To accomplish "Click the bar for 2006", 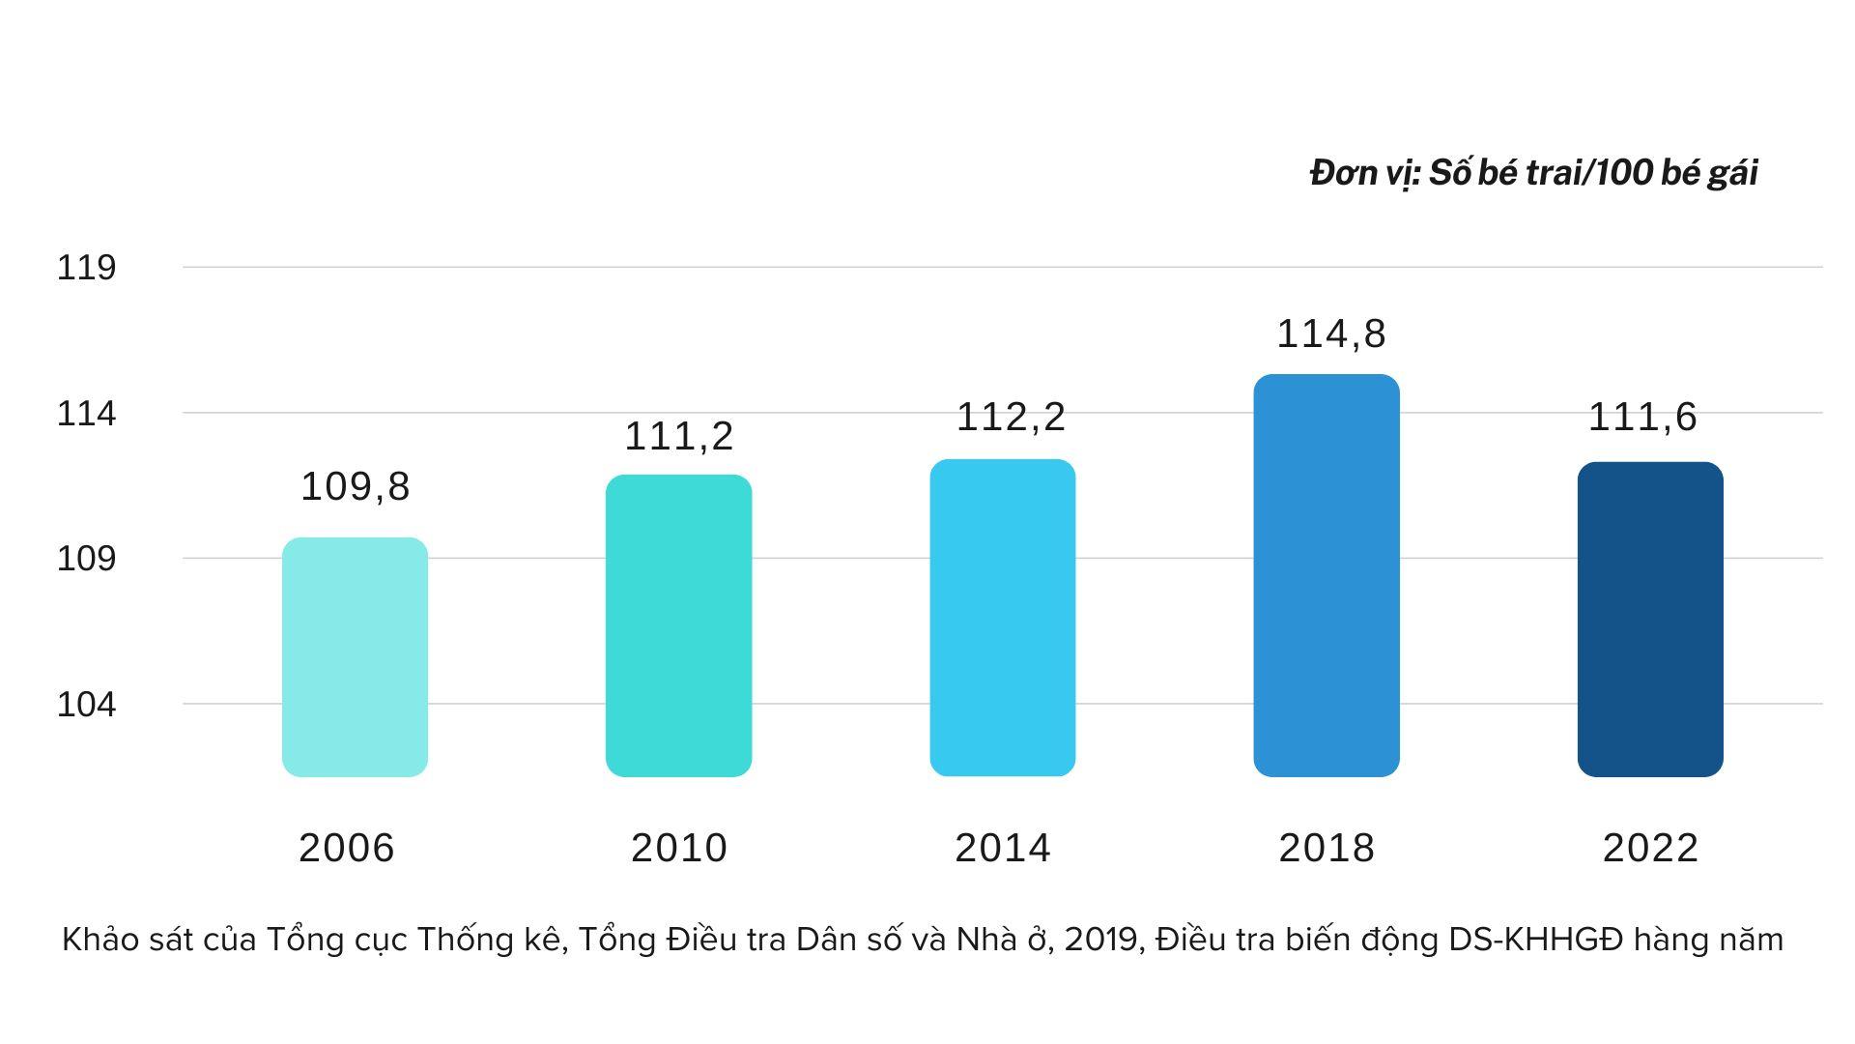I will (355, 657).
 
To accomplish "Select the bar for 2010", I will (678, 625).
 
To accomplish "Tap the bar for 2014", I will (1002, 618).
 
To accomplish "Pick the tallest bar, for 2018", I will (1326, 575).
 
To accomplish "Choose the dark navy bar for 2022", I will (1649, 619).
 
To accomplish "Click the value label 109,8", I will (356, 486).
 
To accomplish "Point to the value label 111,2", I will (678, 436).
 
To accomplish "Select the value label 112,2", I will (1011, 417).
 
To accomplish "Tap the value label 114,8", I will (1331, 333).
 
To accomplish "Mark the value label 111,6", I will (1642, 417).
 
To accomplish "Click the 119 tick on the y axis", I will (86, 268).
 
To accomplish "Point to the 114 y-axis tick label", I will (86, 414).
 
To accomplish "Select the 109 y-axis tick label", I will (86, 559).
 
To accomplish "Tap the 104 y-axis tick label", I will (86, 705).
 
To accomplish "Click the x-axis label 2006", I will (346, 848).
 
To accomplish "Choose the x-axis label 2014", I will (1002, 848).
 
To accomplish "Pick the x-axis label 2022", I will (1649, 848).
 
